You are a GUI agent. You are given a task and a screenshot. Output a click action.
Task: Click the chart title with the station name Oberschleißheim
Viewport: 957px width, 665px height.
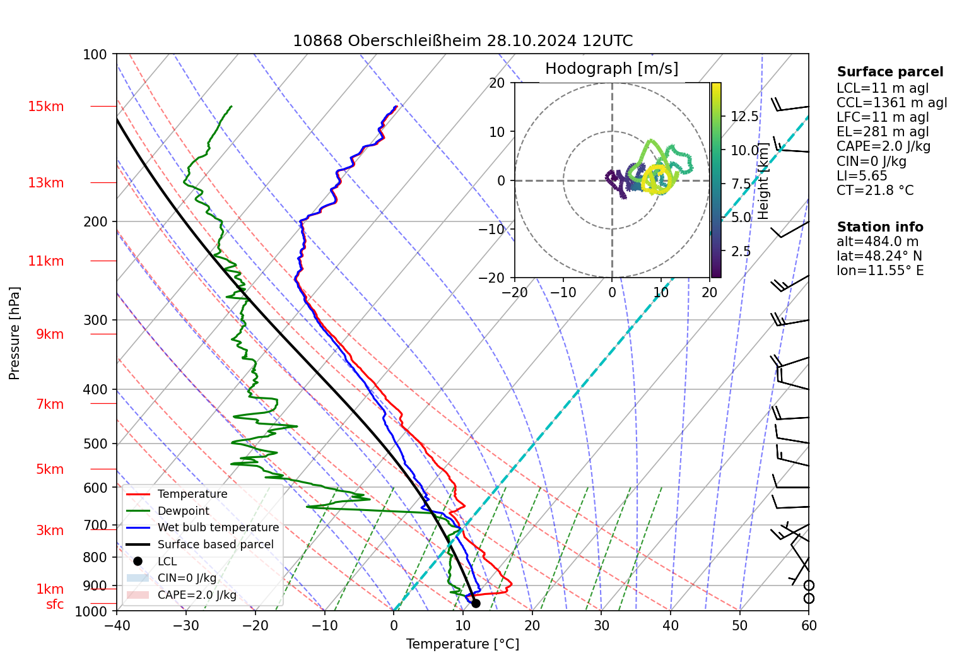pos(462,41)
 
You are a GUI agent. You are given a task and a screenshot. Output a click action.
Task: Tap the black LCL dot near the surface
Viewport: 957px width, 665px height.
pos(476,604)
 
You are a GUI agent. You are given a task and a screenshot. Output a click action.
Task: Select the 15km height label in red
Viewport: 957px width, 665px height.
pos(45,107)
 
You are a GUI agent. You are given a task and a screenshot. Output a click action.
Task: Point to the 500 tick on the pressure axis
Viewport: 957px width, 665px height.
pos(95,444)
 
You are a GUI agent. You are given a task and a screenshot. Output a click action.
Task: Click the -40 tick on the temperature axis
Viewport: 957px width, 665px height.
pos(117,625)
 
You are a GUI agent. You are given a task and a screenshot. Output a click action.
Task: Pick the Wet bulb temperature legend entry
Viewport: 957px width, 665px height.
pos(218,527)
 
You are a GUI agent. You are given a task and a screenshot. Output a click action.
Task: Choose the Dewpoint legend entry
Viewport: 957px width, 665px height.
pos(183,511)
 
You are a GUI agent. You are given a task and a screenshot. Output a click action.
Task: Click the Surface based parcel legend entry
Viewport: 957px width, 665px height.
pos(215,544)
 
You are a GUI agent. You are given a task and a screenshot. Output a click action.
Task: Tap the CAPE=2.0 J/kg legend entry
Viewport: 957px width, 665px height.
pos(197,595)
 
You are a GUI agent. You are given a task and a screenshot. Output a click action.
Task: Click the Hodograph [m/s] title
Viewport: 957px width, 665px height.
pos(611,68)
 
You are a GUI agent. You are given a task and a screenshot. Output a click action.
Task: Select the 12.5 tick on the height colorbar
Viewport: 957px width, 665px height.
pos(744,117)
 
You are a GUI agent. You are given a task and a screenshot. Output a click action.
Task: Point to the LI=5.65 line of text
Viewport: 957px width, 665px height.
pos(862,176)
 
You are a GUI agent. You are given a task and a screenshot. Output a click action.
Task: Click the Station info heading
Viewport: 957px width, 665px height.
pos(879,227)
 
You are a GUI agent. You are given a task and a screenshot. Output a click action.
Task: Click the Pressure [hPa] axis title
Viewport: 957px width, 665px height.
pos(15,333)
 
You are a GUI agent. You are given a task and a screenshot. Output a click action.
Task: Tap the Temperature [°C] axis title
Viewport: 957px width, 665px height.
pos(462,644)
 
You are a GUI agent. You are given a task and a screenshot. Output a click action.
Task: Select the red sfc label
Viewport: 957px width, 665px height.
pos(55,604)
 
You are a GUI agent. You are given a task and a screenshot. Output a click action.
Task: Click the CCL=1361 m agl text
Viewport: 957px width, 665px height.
pos(891,103)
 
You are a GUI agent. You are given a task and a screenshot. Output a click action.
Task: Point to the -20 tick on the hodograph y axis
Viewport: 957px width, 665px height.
pos(496,278)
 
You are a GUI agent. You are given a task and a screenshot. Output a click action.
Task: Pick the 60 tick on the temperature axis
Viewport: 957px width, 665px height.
pos(809,625)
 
